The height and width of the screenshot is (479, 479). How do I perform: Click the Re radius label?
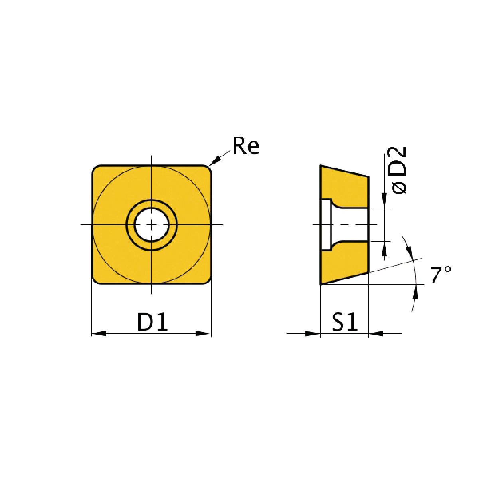pos(246,146)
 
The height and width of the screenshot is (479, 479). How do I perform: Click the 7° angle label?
pos(441,276)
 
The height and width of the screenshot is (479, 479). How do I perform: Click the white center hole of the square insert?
pos(151,225)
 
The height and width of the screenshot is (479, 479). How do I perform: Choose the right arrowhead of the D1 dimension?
pos(204,333)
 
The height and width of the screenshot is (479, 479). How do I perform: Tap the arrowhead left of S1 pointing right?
pos(313,333)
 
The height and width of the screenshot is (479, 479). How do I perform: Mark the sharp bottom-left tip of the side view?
pos(321,284)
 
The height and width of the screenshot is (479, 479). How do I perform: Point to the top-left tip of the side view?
pos(321,166)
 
